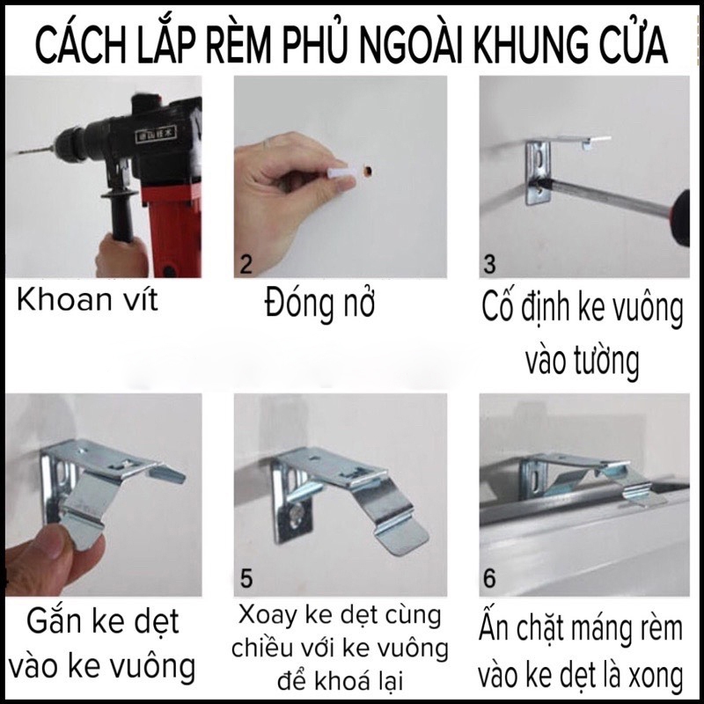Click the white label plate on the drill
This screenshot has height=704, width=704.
[x=157, y=134]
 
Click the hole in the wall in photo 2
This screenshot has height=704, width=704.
[x=369, y=170]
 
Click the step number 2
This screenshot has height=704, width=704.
[x=246, y=265]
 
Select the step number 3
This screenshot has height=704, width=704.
[x=489, y=265]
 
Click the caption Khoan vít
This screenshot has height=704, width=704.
[x=87, y=299]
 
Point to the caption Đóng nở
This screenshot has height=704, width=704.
[x=319, y=302]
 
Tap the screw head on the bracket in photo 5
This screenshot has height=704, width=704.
[x=297, y=516]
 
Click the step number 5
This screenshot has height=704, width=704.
[x=246, y=578]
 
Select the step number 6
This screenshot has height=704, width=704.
[x=489, y=578]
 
